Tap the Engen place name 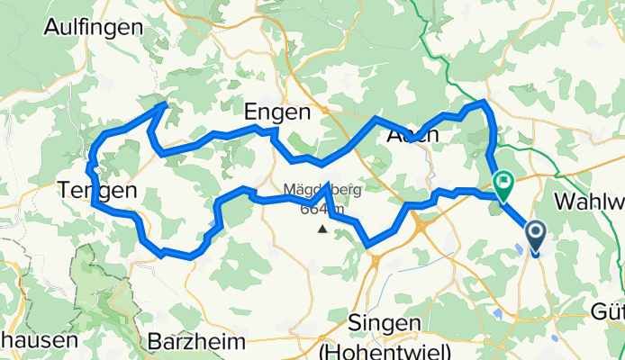pos(277,112)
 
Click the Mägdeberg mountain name pos(322,190)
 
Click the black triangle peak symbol pos(322,229)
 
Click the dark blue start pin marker pos(535,238)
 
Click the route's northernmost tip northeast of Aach pos(485,102)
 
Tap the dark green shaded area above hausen pos(99,279)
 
